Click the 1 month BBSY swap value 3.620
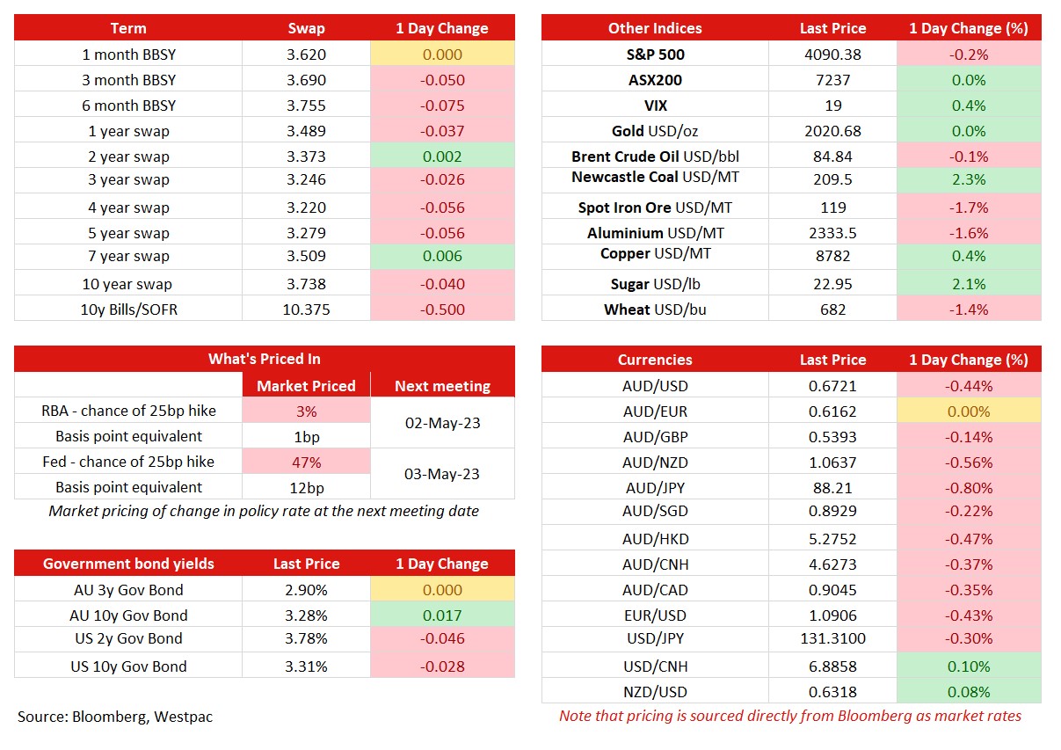coord(306,55)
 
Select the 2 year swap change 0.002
coord(442,157)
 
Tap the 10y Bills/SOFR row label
coord(129,309)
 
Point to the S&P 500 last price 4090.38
coord(832,55)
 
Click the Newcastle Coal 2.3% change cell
coord(969,179)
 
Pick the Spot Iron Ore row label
coord(655,208)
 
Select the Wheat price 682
coord(832,309)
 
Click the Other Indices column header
coord(655,28)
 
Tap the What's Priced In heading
coord(265,359)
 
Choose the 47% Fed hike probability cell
coord(306,462)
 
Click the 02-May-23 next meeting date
coord(442,423)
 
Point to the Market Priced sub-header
coord(306,386)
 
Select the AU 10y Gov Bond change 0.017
coord(442,615)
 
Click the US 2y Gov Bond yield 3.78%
coord(306,638)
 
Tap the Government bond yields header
coord(128,564)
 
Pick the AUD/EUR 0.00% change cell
coord(969,411)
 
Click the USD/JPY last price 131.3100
coord(832,638)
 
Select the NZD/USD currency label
coord(655,692)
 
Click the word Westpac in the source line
coord(184,717)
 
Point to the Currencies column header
coord(655,360)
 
